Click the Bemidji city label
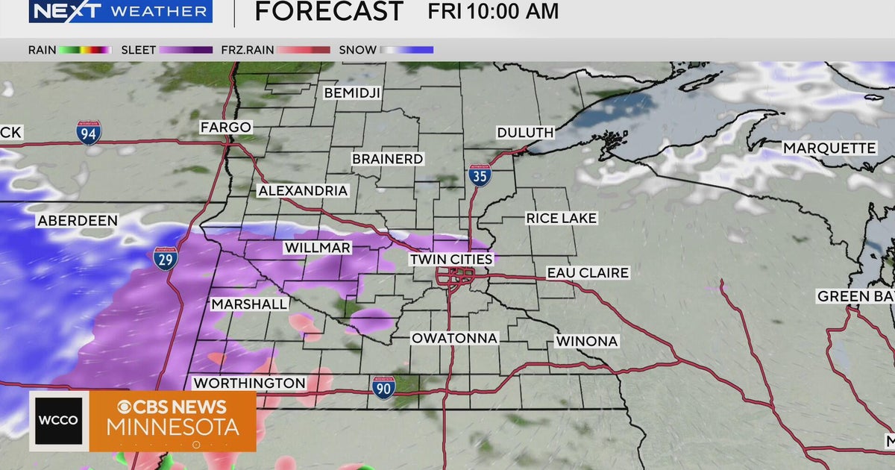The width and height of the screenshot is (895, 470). click(352, 93)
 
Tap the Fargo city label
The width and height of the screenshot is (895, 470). click(225, 128)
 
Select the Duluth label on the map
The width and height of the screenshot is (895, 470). click(526, 133)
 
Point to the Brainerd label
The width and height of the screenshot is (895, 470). click(388, 159)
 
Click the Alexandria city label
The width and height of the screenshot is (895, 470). click(303, 191)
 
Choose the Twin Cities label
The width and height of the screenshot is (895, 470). click(451, 259)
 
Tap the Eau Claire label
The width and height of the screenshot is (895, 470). click(588, 273)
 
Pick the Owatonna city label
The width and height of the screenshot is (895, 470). click(454, 338)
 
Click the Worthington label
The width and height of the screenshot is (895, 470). click(249, 383)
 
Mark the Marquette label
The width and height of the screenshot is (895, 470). click(829, 148)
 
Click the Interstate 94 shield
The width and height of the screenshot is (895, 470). click(89, 133)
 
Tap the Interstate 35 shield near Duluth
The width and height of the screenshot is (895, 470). click(480, 176)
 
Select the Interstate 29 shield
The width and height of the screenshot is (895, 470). click(166, 258)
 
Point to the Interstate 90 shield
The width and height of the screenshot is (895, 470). click(383, 386)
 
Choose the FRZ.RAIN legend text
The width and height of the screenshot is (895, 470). click(248, 50)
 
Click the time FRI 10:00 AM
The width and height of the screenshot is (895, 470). click(493, 11)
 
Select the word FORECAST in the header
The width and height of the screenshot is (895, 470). click(329, 11)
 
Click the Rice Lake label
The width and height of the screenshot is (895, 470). click(562, 218)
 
